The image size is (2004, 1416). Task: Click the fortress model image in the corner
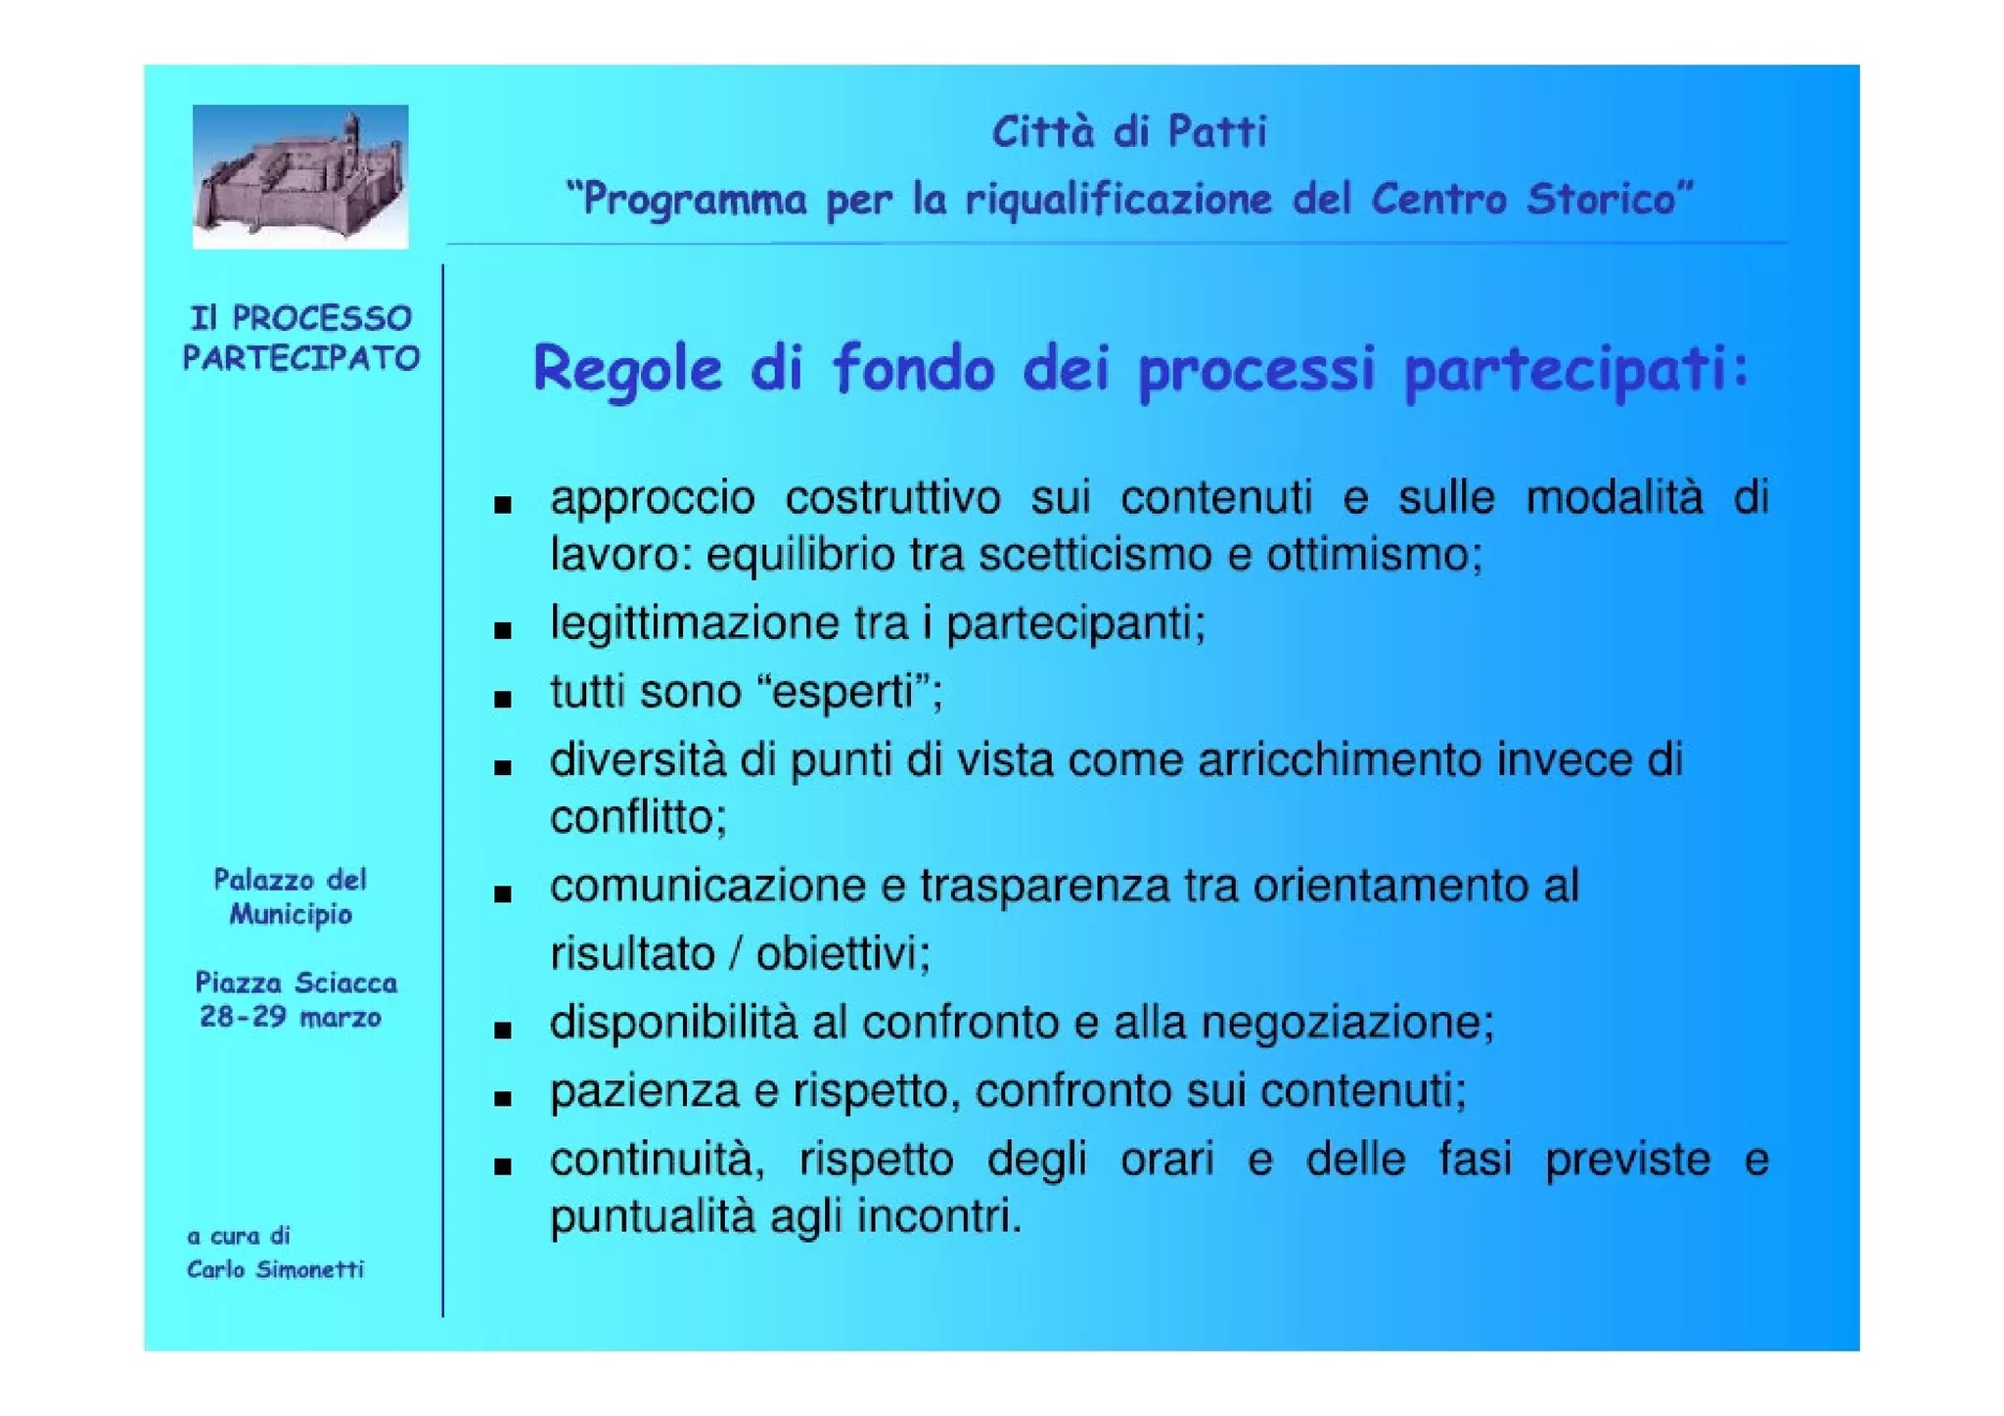tap(299, 176)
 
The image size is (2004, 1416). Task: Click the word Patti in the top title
tap(1217, 132)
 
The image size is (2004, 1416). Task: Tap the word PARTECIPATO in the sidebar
tap(301, 358)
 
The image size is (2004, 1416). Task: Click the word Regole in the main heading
tap(626, 370)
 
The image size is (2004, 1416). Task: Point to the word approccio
tap(653, 499)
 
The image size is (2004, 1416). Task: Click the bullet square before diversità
tap(503, 767)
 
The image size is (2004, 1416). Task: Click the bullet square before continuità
tap(503, 1166)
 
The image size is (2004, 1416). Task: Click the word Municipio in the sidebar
tap(291, 915)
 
